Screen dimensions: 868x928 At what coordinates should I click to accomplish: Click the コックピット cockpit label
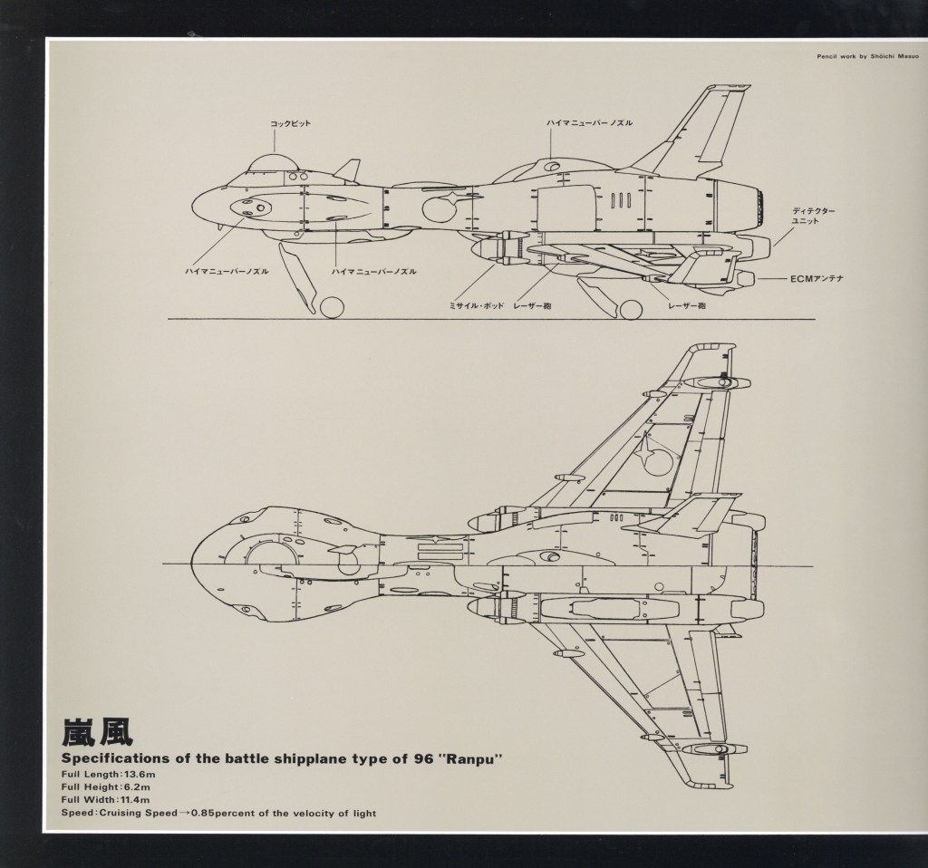click(291, 124)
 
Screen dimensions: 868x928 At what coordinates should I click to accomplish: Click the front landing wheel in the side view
click(332, 307)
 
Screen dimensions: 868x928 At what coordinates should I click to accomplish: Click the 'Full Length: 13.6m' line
click(103, 774)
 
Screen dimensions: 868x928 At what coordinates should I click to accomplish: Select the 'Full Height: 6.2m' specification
click(102, 786)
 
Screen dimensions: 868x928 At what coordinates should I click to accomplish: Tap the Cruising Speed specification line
click(218, 813)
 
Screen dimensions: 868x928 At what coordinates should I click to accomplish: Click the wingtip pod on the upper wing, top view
click(711, 381)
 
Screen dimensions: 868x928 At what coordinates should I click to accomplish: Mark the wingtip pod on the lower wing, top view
click(712, 749)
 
